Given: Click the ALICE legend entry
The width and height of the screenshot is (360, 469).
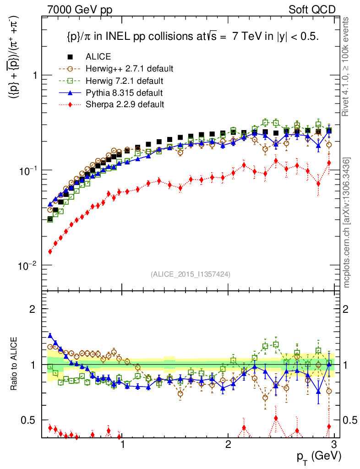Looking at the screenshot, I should click(x=98, y=57).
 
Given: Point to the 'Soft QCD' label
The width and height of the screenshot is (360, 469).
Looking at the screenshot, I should click(x=312, y=10).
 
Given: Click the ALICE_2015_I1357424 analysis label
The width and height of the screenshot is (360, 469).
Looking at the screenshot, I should click(x=190, y=274).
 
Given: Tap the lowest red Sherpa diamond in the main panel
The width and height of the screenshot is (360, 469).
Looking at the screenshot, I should click(x=50, y=251).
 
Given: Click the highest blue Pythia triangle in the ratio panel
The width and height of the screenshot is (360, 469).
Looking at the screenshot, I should click(x=50, y=335).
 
